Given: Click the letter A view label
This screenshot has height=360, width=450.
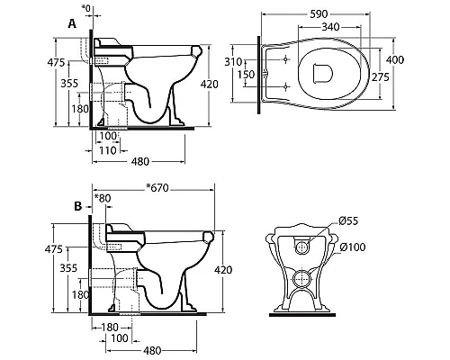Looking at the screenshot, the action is [x=72, y=23].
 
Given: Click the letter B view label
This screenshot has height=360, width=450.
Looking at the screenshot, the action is [x=77, y=206].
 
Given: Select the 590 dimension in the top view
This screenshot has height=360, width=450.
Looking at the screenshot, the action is [x=319, y=14].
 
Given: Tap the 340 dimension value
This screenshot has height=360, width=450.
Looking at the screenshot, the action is [x=330, y=27].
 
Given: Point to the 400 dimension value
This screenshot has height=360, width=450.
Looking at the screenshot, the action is [x=395, y=60].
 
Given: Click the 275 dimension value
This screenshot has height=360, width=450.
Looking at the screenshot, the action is [x=381, y=77].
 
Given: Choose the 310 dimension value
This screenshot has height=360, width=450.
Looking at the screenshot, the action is [x=233, y=62].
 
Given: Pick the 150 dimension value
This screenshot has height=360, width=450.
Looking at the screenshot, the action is [x=246, y=74].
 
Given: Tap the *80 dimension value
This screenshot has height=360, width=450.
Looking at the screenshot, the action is [x=103, y=198].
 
